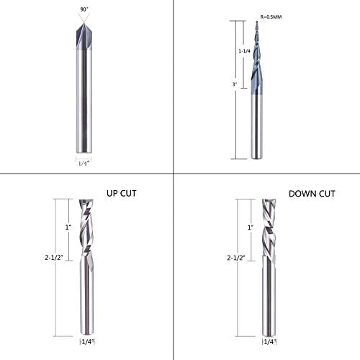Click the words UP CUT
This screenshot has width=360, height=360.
coord(122,194)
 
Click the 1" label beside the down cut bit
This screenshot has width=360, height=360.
coord(250,228)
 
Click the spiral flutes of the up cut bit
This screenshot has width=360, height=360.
coord(87,230)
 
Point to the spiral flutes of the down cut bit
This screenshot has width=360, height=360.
coord(269,230)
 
